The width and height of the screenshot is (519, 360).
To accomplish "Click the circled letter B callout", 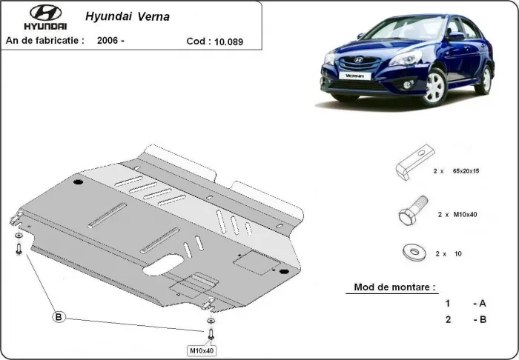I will (x=58, y=317).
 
